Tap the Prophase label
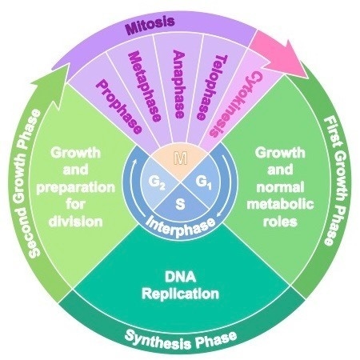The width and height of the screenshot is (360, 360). point(118,107)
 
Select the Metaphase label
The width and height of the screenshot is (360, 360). point(145,86)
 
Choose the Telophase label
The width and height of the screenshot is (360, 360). point(212,87)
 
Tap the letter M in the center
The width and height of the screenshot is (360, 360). point(180,158)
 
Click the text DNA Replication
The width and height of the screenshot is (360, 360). point(180,286)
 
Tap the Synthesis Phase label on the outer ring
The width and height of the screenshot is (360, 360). point(181,339)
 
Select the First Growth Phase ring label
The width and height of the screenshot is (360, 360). point(334,181)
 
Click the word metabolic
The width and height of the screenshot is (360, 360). point(280,205)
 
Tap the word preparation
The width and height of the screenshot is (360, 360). point(76,188)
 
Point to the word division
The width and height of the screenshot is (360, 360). point(76,222)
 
